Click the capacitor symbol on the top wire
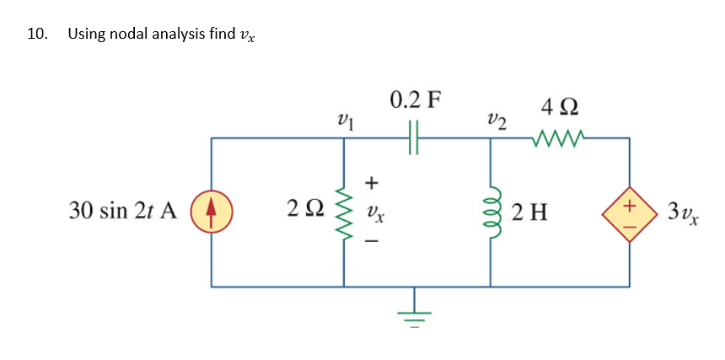[x=413, y=137]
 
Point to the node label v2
[x=497, y=121]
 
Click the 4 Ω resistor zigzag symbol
[x=558, y=137]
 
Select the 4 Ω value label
[x=560, y=108]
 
